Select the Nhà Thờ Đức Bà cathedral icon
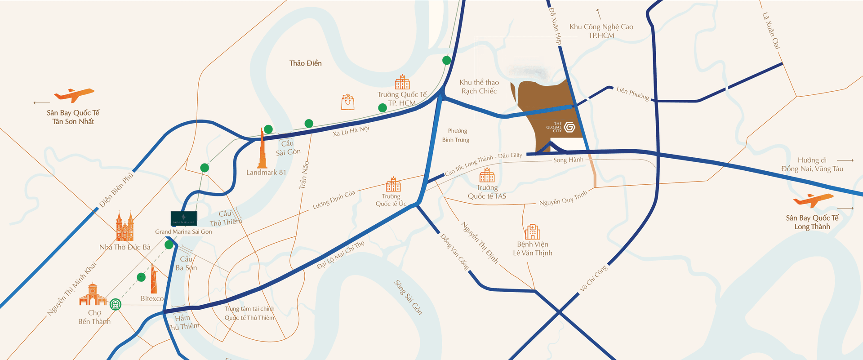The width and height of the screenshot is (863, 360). [125, 227]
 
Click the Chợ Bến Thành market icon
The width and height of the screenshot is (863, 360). [93, 295]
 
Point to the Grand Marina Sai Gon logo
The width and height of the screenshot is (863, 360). [183, 218]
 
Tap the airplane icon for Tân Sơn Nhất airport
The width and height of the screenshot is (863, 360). [74, 95]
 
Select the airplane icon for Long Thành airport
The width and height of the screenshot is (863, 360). [813, 200]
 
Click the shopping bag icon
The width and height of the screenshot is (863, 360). [347, 102]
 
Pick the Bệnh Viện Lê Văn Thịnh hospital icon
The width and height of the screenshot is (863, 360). [532, 232]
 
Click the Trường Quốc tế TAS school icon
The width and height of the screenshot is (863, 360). [487, 175]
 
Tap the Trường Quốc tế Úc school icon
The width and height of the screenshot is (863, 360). [393, 184]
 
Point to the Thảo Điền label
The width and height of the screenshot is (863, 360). [305, 63]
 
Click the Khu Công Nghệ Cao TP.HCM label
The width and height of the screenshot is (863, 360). [601, 31]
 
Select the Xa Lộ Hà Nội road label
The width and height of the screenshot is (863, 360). [351, 131]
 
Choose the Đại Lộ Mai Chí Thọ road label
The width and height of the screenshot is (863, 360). [340, 255]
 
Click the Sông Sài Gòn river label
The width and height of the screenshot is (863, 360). [408, 297]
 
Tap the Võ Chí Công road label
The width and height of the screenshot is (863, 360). [593, 278]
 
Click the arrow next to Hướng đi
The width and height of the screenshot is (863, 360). [845, 160]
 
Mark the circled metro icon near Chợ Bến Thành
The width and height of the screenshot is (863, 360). [116, 304]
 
